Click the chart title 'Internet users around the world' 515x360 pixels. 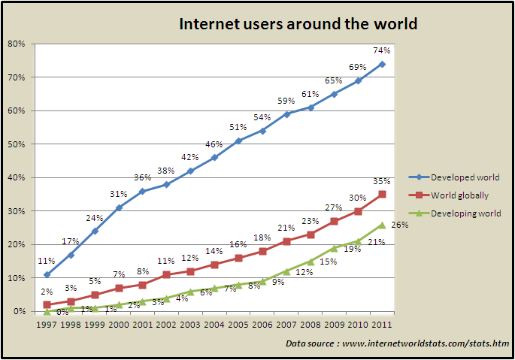pos(298,24)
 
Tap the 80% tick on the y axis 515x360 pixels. pos(17,44)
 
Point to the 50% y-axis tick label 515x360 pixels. pos(17,144)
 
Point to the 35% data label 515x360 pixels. pos(382,181)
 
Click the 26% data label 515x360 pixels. pos(399,225)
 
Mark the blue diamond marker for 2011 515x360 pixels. pos(382,64)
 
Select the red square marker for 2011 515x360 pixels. pos(382,194)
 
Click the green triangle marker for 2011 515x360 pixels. pos(382,224)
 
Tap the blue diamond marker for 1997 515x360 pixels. pos(47,274)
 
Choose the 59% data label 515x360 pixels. pos(286,101)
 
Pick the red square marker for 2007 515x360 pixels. pos(286,241)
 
